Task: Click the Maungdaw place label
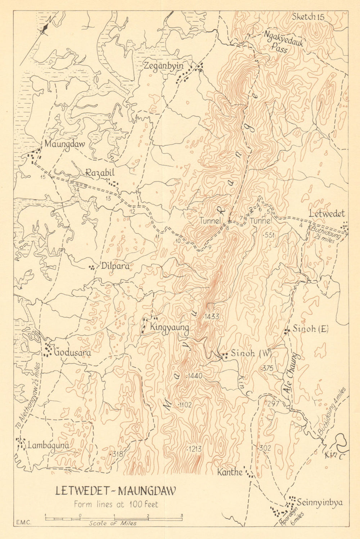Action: tap(64, 144)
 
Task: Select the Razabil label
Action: tap(100, 173)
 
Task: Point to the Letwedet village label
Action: tap(327, 214)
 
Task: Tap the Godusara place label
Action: tap(72, 352)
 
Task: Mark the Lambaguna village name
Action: tap(48, 445)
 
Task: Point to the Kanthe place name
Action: tap(230, 472)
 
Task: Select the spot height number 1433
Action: tap(211, 316)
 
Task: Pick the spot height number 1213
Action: tap(194, 449)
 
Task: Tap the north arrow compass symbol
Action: tap(44, 29)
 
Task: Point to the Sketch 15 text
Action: tap(308, 17)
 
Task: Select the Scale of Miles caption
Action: tap(113, 523)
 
